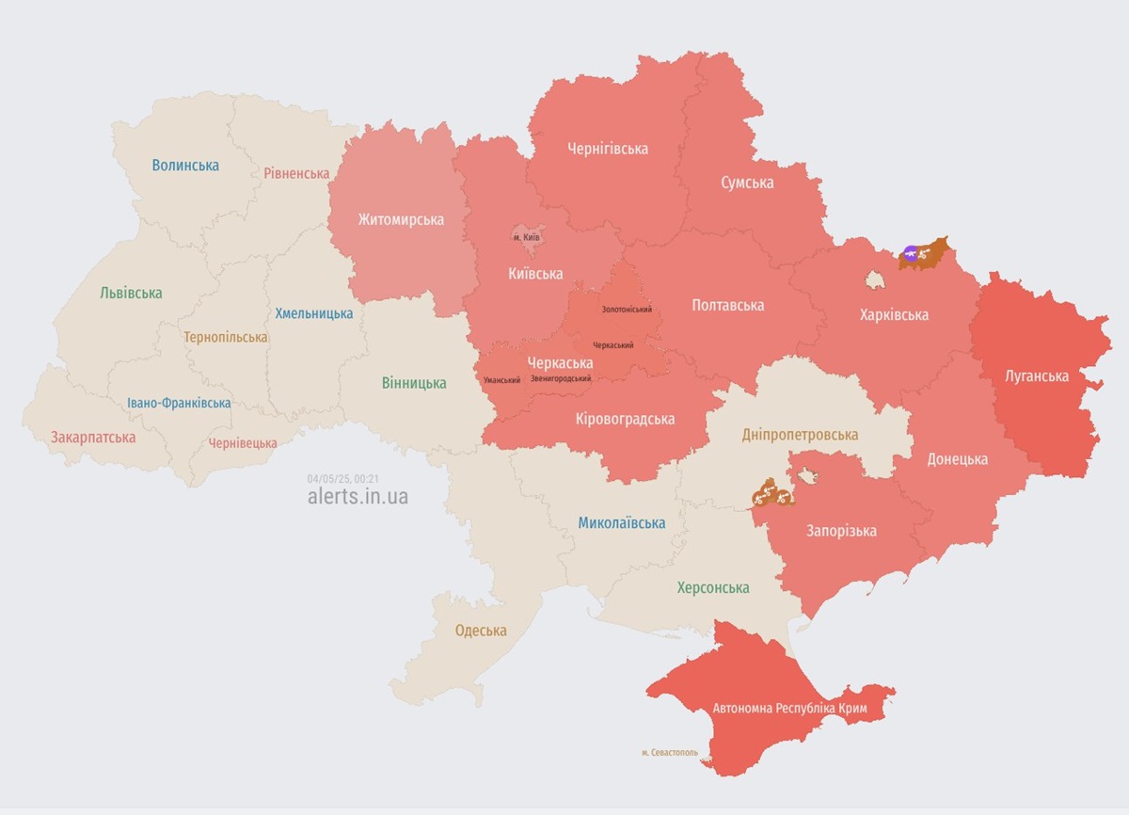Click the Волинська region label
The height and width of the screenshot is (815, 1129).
[185, 166]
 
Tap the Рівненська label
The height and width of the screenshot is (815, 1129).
[296, 173]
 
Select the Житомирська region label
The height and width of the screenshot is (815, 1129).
[401, 219]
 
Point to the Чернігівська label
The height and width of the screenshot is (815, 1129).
[608, 149]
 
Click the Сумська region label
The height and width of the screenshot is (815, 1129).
[747, 183]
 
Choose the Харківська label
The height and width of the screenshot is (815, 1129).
[894, 314]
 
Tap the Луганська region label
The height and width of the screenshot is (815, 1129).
[1035, 376]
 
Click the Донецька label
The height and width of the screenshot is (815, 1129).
[957, 459]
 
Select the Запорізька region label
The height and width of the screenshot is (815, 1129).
[841, 531]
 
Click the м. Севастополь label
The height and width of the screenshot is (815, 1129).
[670, 752]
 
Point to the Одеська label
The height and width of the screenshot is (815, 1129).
[481, 631]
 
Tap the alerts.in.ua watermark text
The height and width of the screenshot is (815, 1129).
[358, 497]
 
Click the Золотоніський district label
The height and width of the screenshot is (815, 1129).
[627, 310]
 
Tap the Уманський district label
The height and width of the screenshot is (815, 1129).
[501, 380]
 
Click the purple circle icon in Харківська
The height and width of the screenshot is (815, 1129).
[910, 252]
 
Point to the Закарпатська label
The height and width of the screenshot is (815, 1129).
[93, 438]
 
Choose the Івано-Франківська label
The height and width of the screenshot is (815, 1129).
[179, 404]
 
